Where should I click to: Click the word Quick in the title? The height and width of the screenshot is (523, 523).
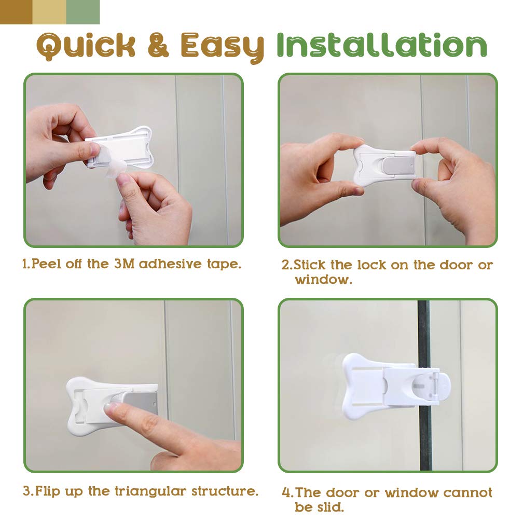click(86, 46)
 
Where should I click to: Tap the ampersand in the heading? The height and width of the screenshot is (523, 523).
click(158, 45)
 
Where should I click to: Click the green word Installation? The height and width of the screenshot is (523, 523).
click(382, 45)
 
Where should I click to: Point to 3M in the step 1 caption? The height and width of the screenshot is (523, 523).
click(124, 264)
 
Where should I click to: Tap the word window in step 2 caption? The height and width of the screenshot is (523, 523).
click(323, 279)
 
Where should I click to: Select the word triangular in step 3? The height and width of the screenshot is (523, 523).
click(150, 492)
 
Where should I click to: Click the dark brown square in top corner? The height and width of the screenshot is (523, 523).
click(16, 12)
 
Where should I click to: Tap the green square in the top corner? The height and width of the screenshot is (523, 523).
click(82, 12)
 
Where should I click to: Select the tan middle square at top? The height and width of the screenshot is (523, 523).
click(49, 12)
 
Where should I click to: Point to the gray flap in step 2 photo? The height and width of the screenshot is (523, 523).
click(398, 166)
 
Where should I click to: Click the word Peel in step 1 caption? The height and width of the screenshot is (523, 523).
click(46, 264)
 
